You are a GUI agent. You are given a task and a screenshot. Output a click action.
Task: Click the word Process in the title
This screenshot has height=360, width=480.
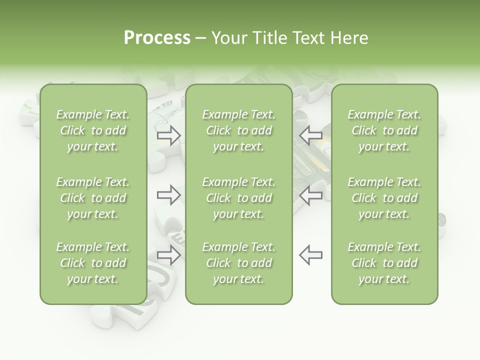click(x=157, y=38)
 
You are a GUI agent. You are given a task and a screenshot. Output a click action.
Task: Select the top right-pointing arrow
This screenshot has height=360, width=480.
click(x=169, y=135)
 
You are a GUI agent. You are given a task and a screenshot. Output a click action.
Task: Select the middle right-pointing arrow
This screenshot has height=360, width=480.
click(x=169, y=195)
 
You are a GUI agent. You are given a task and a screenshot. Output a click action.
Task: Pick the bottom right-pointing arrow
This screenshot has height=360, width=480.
click(x=169, y=254)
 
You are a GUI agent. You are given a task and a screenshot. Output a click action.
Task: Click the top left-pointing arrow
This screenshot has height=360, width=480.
click(x=310, y=135)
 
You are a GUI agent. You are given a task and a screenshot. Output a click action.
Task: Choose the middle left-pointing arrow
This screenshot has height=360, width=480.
click(x=310, y=195)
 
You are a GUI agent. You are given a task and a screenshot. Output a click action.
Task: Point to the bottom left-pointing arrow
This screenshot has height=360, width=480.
click(x=310, y=254)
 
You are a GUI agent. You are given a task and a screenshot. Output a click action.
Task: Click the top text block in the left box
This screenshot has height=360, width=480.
click(x=93, y=130)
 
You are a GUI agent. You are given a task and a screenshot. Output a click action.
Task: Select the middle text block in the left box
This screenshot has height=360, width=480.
click(x=93, y=198)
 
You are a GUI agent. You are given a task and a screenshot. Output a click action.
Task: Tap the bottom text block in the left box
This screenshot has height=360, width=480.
click(x=93, y=263)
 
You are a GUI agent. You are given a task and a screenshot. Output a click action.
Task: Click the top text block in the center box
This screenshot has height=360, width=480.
click(x=238, y=130)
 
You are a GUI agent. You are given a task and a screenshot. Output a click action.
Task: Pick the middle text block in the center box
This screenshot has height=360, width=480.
click(x=238, y=198)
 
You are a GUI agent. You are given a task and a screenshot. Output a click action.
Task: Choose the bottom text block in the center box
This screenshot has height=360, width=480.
click(x=238, y=263)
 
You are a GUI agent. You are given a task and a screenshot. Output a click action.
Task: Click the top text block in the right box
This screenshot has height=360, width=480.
click(x=384, y=130)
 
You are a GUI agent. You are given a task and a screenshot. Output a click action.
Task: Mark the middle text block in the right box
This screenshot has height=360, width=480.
click(x=384, y=198)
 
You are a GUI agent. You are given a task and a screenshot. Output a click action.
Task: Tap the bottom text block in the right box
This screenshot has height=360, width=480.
click(x=384, y=263)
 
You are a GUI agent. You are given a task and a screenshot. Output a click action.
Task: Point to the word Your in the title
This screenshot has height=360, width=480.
click(x=228, y=38)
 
